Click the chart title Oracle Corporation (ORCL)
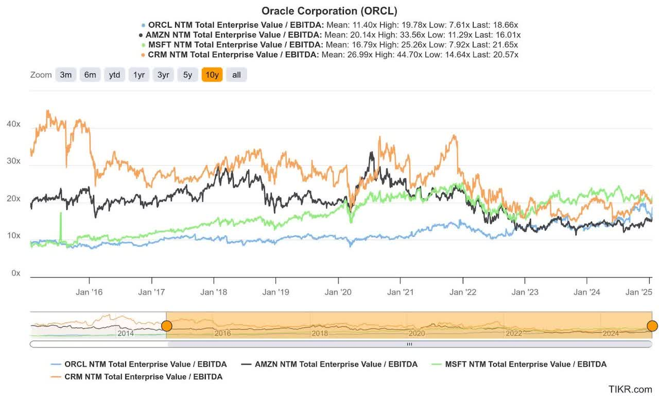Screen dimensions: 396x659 pyautogui.click(x=329, y=11)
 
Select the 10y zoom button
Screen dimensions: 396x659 pyautogui.click(x=212, y=75)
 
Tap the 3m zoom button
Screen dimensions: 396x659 pyautogui.click(x=65, y=75)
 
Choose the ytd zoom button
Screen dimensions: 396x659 pyautogui.click(x=114, y=75)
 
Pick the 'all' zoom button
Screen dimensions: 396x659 pyautogui.click(x=236, y=75)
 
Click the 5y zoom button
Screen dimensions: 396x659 pyautogui.click(x=187, y=75)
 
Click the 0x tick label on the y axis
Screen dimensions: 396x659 pyautogui.click(x=16, y=273)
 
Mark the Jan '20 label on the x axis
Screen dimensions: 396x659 pyautogui.click(x=338, y=292)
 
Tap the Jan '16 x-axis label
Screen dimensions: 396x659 pyautogui.click(x=89, y=292)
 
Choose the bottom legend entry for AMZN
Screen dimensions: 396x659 pyautogui.click(x=336, y=364)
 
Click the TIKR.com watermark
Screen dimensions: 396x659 pyautogui.click(x=630, y=389)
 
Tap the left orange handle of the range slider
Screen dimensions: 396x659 pyautogui.click(x=166, y=326)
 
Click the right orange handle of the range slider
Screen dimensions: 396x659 pyautogui.click(x=652, y=326)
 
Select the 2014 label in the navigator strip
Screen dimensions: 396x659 pyautogui.click(x=126, y=334)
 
